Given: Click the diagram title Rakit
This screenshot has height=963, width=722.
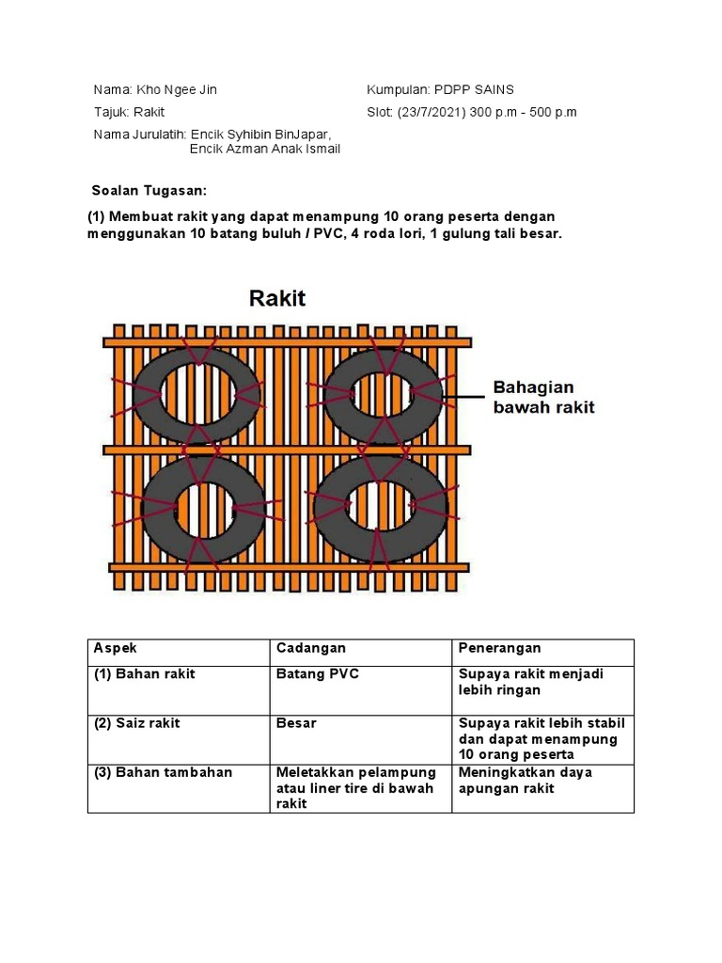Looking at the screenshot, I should (277, 299).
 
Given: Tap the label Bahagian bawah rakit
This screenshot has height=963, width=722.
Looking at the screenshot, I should (543, 397).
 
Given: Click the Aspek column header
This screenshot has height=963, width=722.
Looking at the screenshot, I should (115, 649).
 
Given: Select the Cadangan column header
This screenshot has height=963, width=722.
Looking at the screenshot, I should (311, 649).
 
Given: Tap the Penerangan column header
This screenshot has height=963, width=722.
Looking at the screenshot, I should (499, 649).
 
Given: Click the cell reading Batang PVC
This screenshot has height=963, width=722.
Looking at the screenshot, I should (318, 675).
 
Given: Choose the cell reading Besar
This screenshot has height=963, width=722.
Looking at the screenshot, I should (296, 724).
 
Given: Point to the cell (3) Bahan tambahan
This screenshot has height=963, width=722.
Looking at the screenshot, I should (163, 773).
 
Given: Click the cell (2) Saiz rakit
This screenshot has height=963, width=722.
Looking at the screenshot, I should (136, 724).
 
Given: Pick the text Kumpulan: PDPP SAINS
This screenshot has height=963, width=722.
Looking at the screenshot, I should (440, 90).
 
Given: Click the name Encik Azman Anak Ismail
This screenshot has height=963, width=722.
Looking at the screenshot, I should (265, 150).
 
